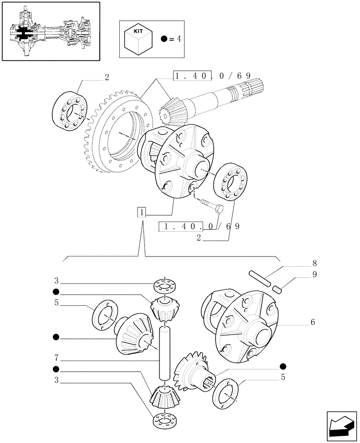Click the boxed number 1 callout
[141, 212]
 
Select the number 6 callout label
[313, 323]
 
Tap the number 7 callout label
[56, 357]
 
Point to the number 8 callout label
[314, 263]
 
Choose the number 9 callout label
[314, 274]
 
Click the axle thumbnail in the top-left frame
[50, 31]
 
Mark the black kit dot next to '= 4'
[164, 39]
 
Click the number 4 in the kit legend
[179, 39]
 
